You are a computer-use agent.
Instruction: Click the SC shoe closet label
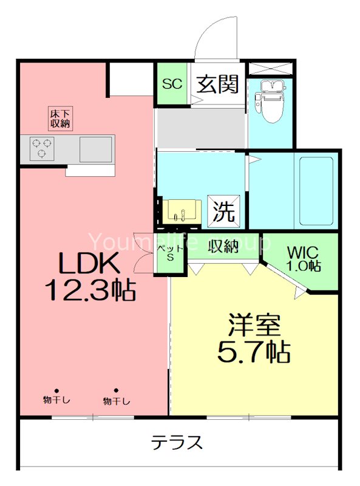172,84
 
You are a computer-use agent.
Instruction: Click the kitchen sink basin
96,148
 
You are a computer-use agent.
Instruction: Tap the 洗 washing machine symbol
224,211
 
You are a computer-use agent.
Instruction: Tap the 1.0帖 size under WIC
304,265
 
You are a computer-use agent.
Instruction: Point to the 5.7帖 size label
254,351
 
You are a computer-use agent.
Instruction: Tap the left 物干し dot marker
56,391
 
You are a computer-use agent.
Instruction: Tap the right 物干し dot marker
116,391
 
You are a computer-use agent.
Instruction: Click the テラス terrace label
177,442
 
